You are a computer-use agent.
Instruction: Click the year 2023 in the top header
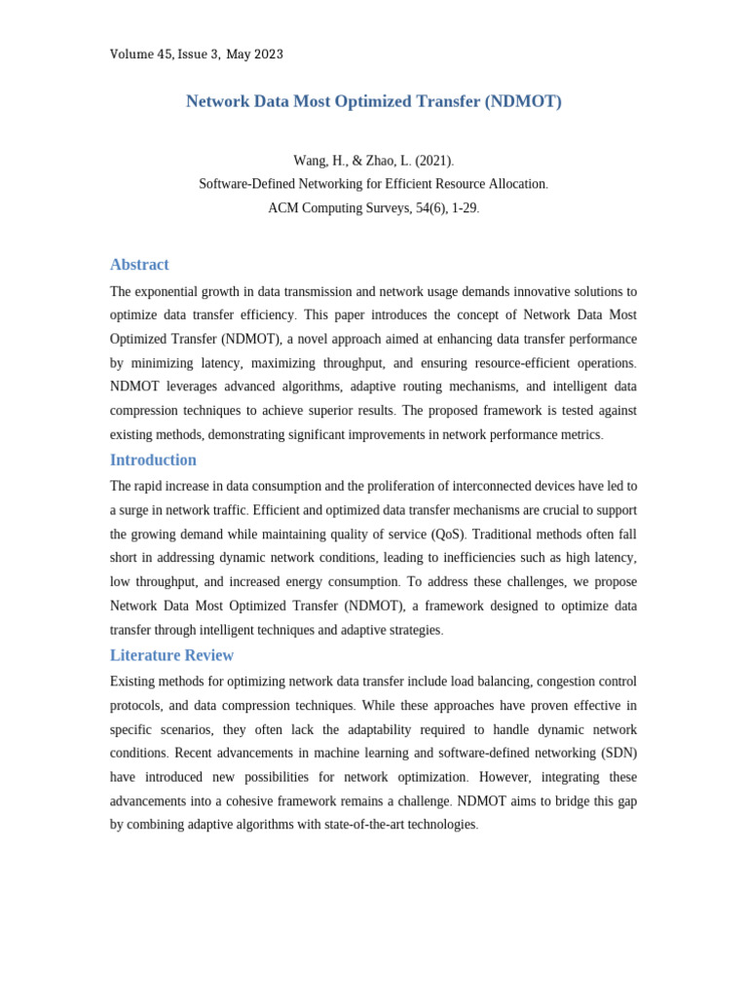pos(268,55)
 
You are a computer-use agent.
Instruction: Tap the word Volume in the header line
pos(131,55)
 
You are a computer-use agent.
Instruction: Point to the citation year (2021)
pos(433,161)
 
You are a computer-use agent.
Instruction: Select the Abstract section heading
pos(139,265)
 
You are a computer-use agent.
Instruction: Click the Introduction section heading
pos(153,461)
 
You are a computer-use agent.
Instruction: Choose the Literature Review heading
pos(171,655)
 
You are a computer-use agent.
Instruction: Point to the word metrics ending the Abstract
pos(580,434)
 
